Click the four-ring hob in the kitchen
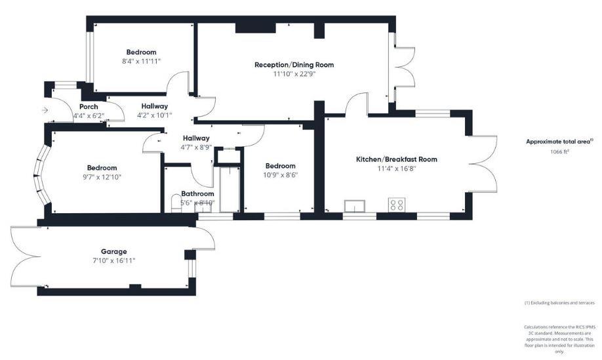click(397, 205)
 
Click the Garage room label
click(113, 251)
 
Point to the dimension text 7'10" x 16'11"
click(113, 260)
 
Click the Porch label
click(89, 107)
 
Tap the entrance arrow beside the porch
click(45, 110)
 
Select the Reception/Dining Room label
click(294, 65)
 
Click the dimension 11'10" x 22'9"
click(294, 74)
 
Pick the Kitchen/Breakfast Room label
click(396, 159)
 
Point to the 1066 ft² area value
click(559, 151)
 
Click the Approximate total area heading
click(559, 141)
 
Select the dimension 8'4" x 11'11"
click(141, 61)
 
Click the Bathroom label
click(197, 194)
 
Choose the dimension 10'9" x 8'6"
click(280, 176)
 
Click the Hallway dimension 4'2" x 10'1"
click(154, 115)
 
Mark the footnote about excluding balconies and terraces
click(559, 302)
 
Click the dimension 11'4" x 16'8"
click(396, 169)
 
